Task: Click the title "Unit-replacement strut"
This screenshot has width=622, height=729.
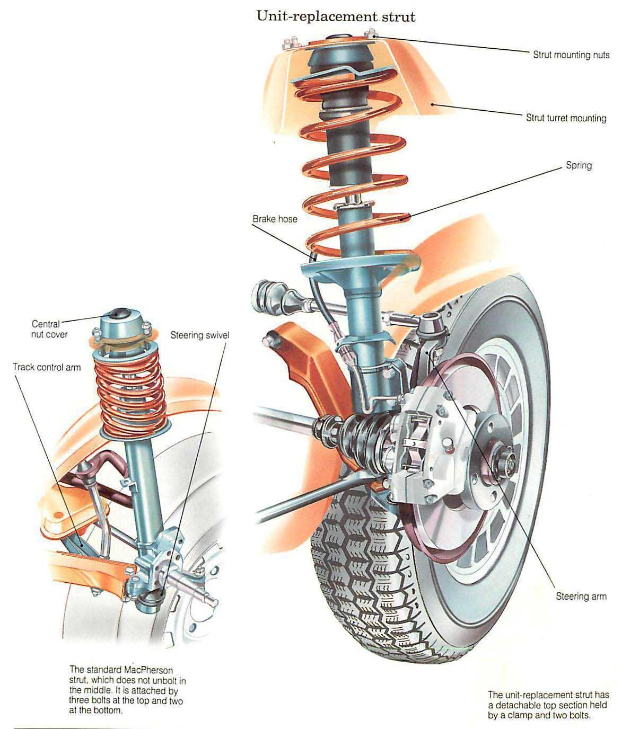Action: (x=336, y=16)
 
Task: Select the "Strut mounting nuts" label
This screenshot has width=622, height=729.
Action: (x=571, y=55)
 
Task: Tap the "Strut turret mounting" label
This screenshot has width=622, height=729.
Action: (x=566, y=118)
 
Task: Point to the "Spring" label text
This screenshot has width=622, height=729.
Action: (x=579, y=165)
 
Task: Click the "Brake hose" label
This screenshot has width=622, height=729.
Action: (x=275, y=218)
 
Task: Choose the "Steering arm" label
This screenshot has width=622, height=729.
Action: (x=581, y=596)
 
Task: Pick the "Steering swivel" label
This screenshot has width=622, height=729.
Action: (x=199, y=335)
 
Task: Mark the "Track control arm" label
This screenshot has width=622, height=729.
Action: (x=47, y=367)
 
